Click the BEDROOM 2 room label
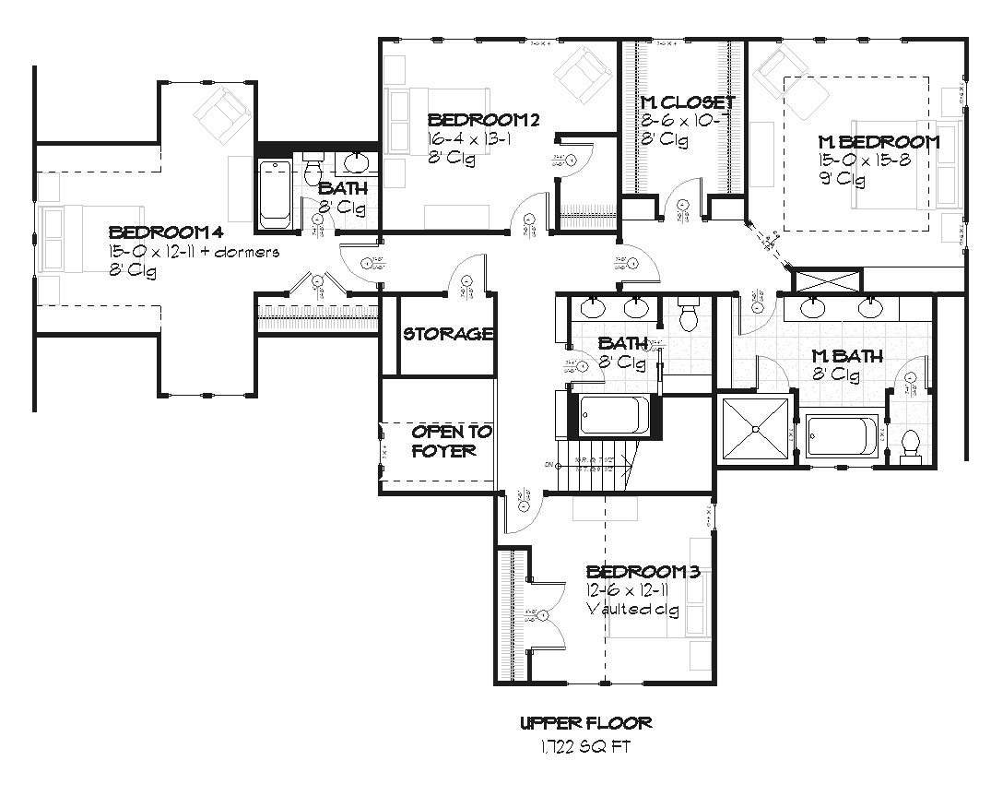(x=483, y=120)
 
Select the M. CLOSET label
(x=688, y=102)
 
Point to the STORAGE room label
(x=448, y=334)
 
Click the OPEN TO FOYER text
(x=452, y=441)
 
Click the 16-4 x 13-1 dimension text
(x=470, y=138)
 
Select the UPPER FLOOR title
(x=585, y=724)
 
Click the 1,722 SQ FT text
(x=585, y=745)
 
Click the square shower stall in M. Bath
(x=754, y=429)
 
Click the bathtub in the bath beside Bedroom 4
(x=275, y=195)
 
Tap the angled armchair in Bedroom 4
(x=222, y=114)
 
